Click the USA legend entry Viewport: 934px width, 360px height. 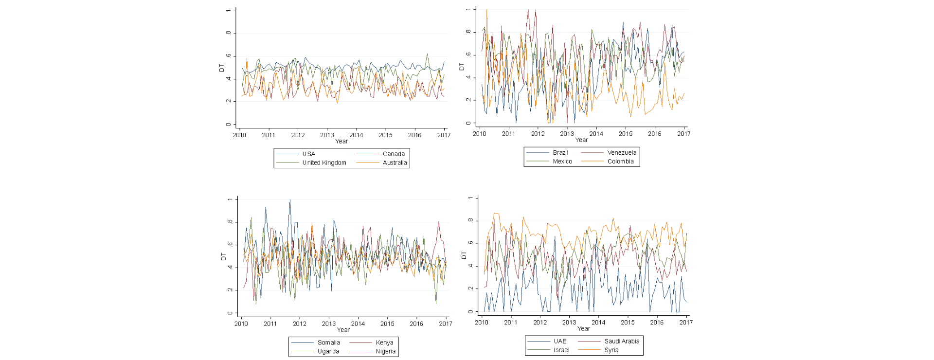pyautogui.click(x=309, y=154)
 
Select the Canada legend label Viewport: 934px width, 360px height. pyautogui.click(x=394, y=154)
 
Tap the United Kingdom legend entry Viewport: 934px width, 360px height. pyautogui.click(x=324, y=162)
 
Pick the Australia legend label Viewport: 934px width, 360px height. pyautogui.click(x=395, y=162)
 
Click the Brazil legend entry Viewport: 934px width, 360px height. pyautogui.click(x=560, y=152)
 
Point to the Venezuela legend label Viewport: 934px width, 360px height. pyautogui.click(x=622, y=152)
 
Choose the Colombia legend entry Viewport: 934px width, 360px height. pyautogui.click(x=620, y=161)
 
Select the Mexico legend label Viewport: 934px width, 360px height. pyautogui.click(x=562, y=161)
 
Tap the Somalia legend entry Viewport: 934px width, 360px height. pyautogui.click(x=329, y=342)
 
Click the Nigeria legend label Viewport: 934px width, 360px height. pyautogui.click(x=385, y=351)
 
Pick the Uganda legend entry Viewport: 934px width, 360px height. pyautogui.click(x=328, y=351)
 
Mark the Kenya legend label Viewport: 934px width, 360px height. pyautogui.click(x=384, y=342)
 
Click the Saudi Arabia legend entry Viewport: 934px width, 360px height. pyautogui.click(x=622, y=341)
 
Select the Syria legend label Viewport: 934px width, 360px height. pyautogui.click(x=611, y=350)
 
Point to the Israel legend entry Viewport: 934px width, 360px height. pyautogui.click(x=561, y=350)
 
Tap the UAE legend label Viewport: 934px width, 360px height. pyautogui.click(x=560, y=341)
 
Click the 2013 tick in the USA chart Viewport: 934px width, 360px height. pyautogui.click(x=327, y=135)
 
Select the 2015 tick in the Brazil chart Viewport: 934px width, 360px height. pyautogui.click(x=626, y=133)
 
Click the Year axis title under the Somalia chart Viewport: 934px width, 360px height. pyautogui.click(x=343, y=329)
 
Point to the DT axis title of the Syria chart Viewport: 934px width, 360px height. pyautogui.click(x=463, y=255)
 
